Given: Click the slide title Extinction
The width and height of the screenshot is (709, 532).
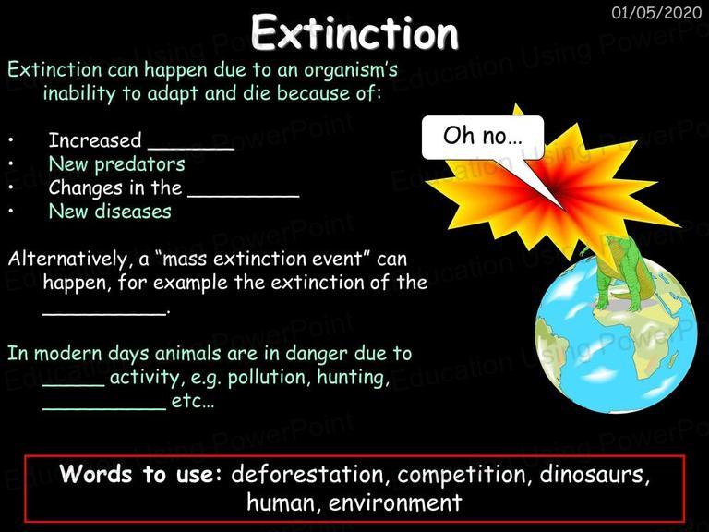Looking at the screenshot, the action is [x=354, y=32].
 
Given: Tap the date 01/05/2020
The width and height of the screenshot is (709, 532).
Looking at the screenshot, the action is [x=656, y=12].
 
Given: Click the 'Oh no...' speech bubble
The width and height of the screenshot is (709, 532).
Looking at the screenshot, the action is [x=483, y=137].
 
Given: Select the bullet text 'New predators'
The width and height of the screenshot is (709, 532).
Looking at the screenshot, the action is [x=116, y=164].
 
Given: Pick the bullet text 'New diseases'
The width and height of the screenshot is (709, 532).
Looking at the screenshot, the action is [x=110, y=212].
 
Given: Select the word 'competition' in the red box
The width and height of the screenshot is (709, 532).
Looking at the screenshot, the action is [x=462, y=475].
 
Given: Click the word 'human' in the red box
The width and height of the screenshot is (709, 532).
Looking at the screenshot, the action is [x=284, y=502].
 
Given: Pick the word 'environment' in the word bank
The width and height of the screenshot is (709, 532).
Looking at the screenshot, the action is [x=395, y=502].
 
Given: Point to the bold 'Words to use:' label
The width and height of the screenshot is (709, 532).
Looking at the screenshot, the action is [x=141, y=474].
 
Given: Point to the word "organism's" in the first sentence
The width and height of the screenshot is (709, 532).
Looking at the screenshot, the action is [x=351, y=70].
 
